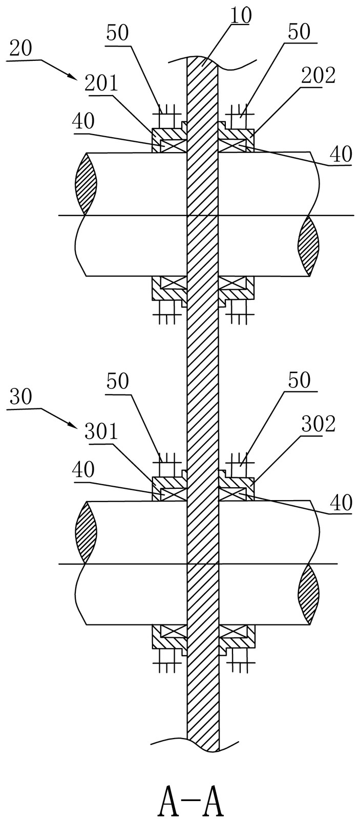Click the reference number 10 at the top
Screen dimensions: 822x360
240,16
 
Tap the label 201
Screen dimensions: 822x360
101,82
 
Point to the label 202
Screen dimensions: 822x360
319,76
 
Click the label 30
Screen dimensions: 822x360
20,397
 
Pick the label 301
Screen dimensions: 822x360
101,431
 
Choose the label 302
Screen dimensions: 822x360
319,424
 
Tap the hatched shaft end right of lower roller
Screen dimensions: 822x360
309,594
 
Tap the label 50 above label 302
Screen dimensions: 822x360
299,381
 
